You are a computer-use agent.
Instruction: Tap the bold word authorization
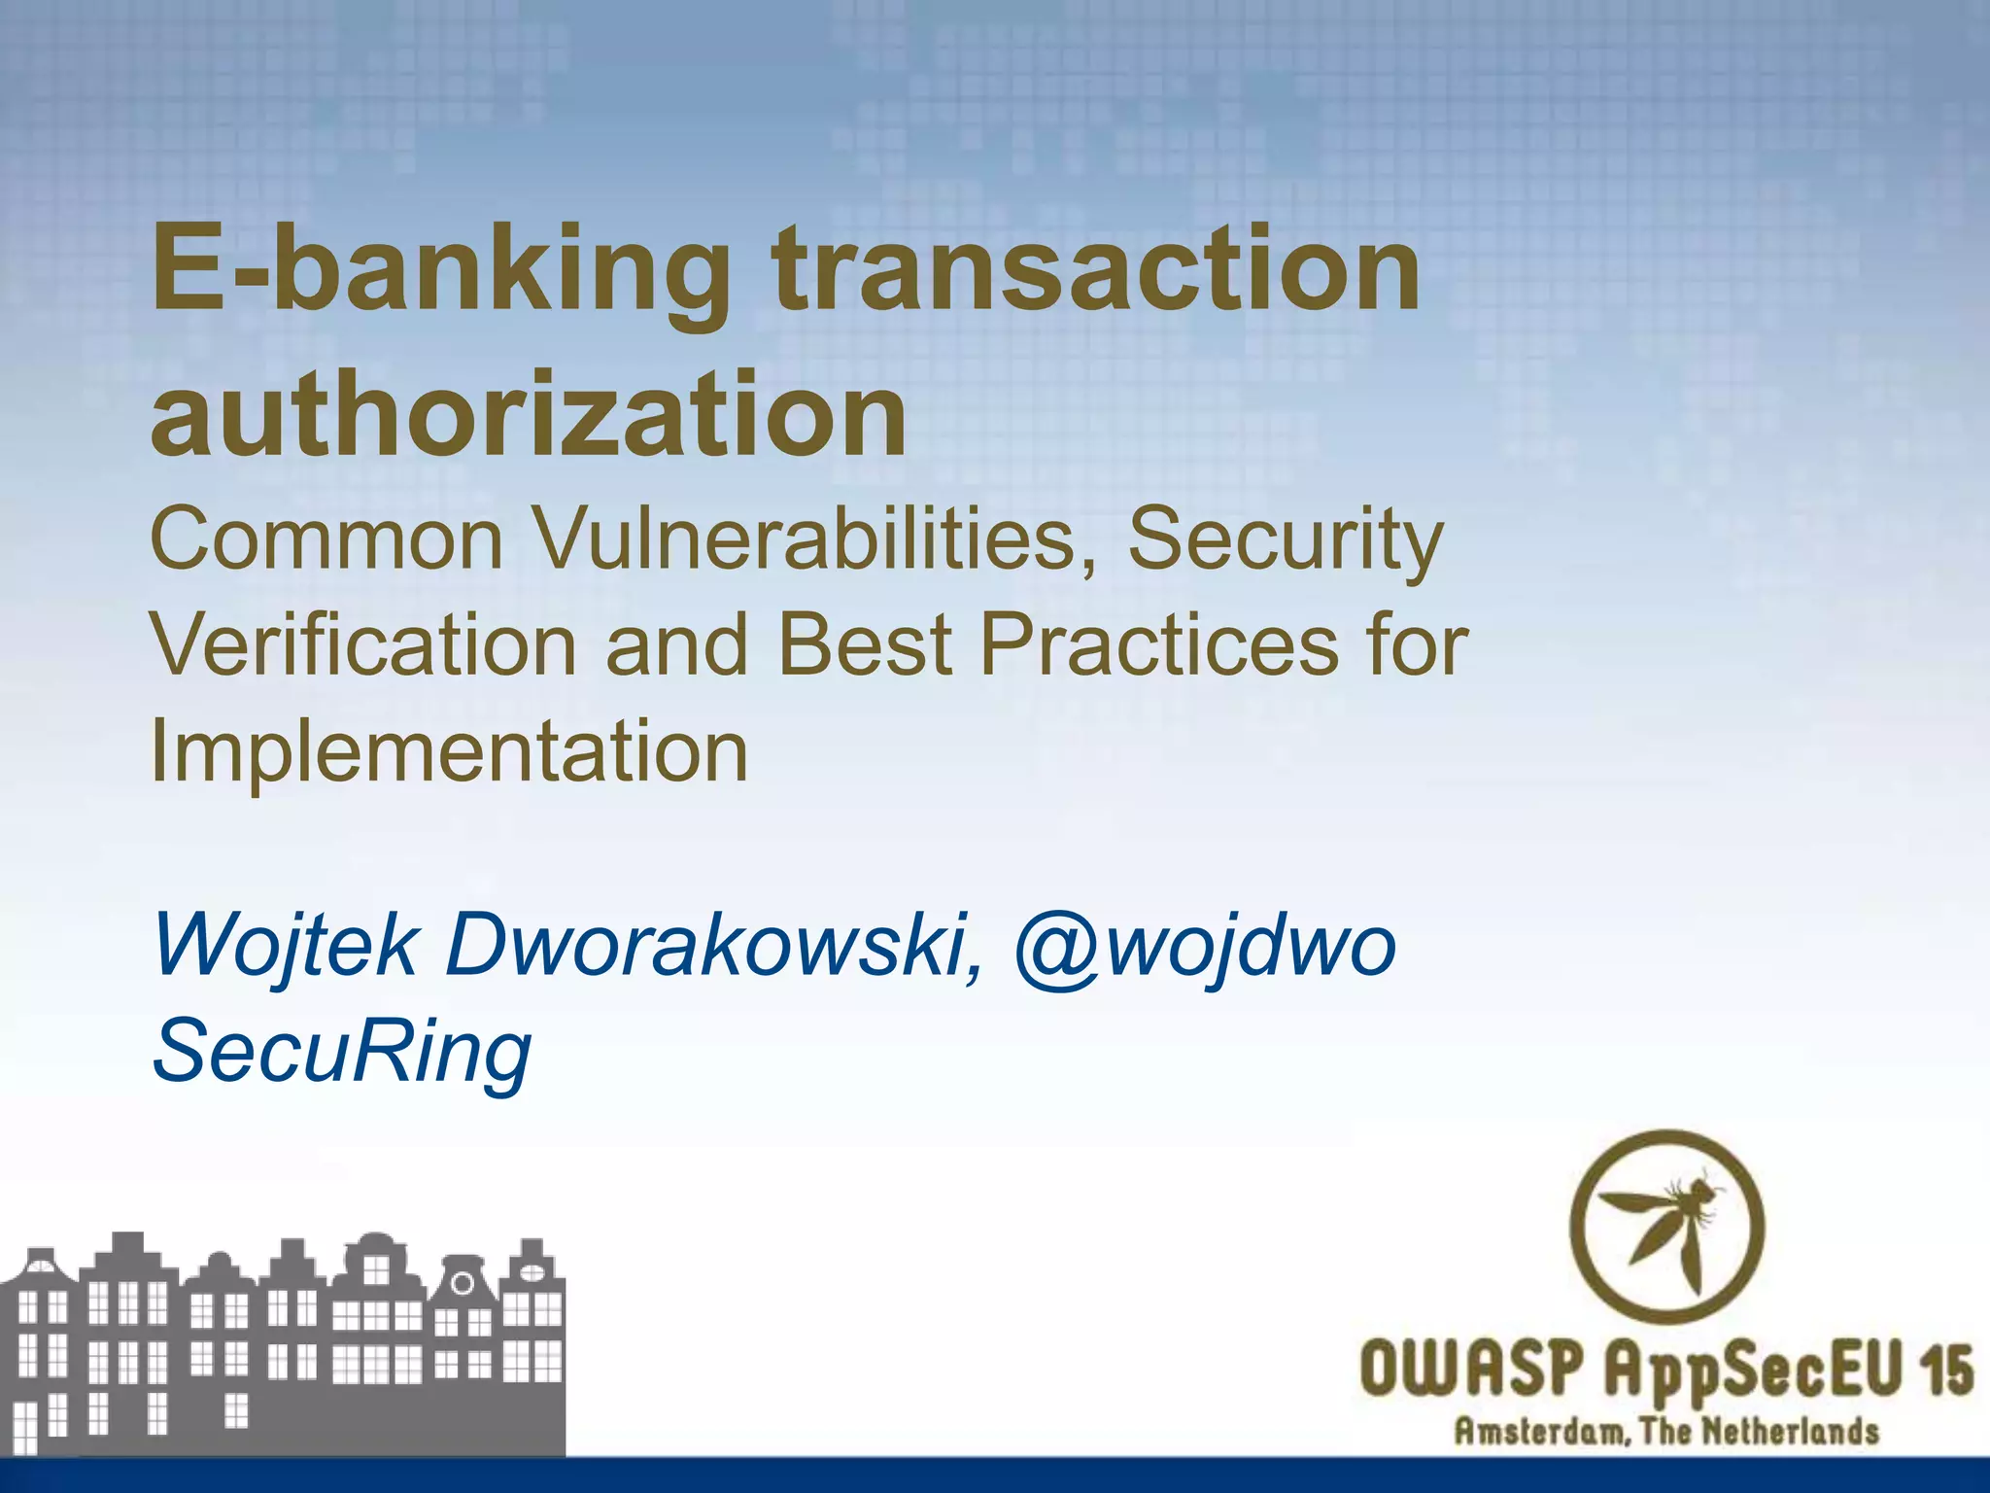[x=529, y=414]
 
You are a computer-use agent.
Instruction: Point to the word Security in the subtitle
[x=1285, y=542]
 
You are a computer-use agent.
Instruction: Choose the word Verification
[x=364, y=645]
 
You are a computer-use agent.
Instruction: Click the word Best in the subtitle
[x=864, y=645]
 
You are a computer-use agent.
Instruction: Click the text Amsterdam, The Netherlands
[x=1665, y=1432]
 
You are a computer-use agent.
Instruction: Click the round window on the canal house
[x=463, y=1283]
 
